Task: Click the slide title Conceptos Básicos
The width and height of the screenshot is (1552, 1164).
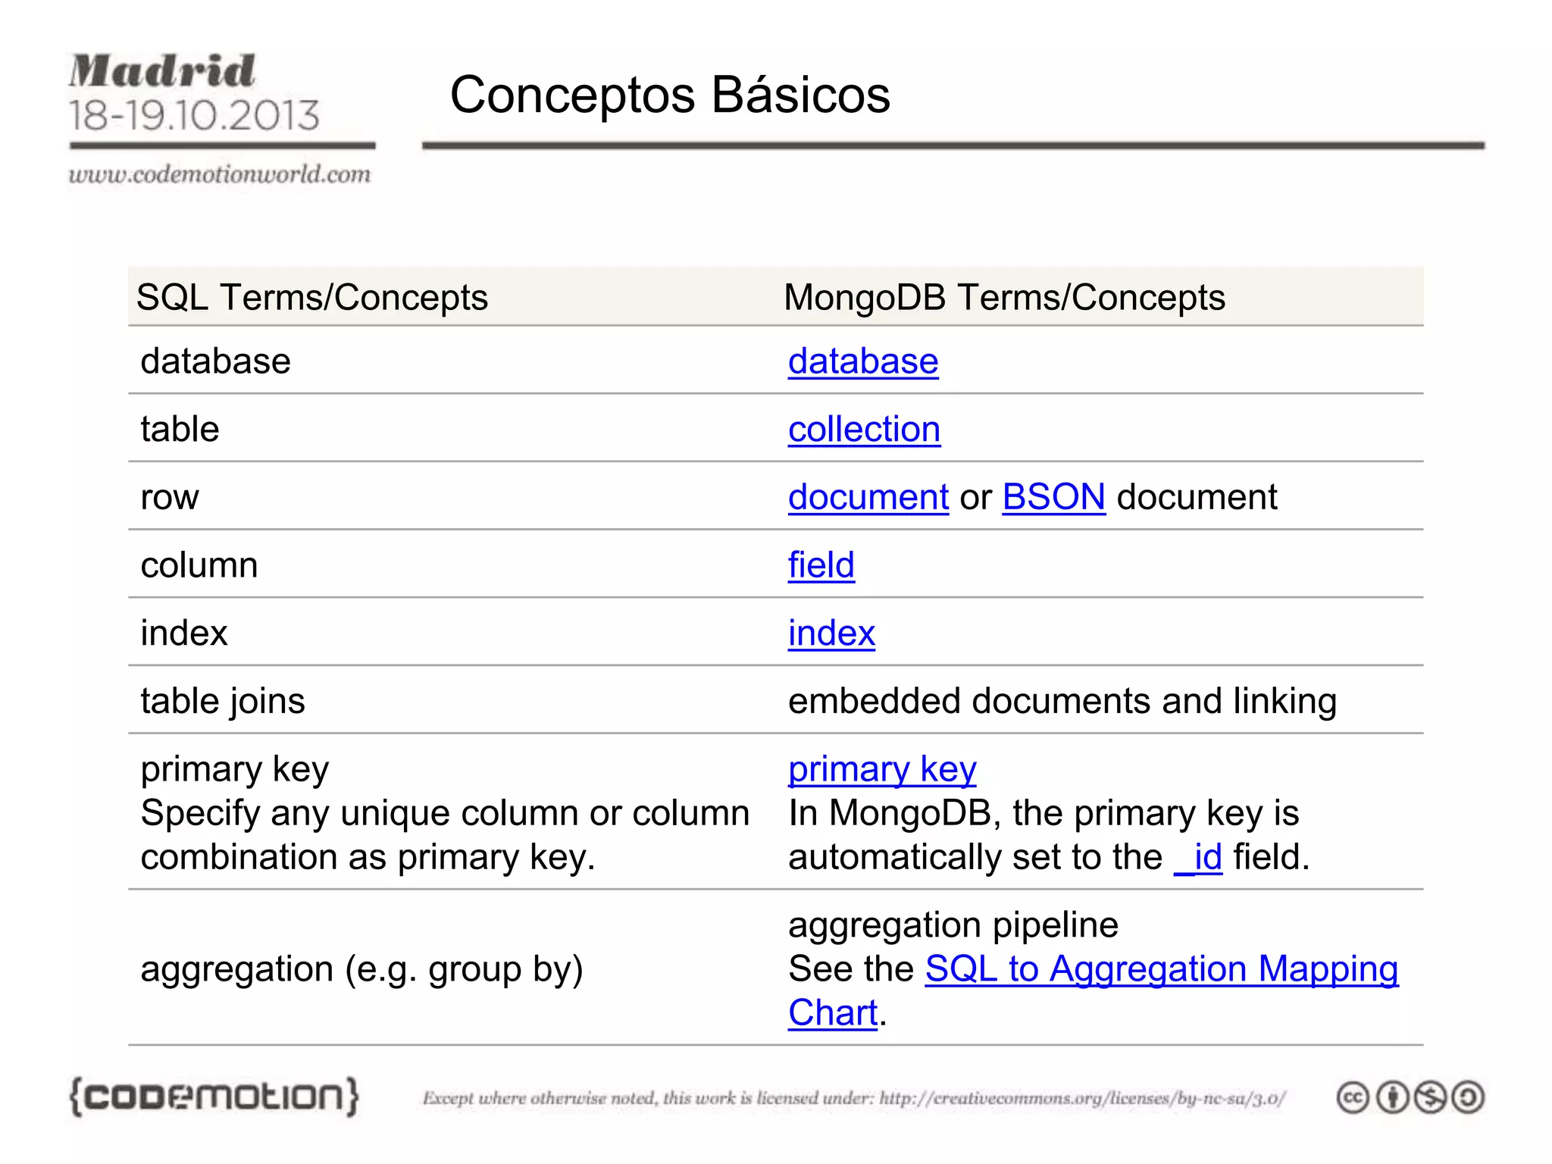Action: pyautogui.click(x=670, y=95)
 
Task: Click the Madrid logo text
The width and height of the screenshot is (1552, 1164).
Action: pyautogui.click(x=162, y=72)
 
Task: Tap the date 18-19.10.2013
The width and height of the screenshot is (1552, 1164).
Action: pyautogui.click(x=194, y=116)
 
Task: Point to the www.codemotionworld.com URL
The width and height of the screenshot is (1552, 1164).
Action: pyautogui.click(x=220, y=174)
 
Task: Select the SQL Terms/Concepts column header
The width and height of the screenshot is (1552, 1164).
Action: pyautogui.click(x=312, y=297)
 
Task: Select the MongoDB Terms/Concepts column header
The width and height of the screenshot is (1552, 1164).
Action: pyautogui.click(x=1004, y=297)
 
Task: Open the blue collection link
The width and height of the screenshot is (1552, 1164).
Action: pyautogui.click(x=864, y=430)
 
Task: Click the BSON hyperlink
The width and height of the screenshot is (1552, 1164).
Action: pyautogui.click(x=1053, y=498)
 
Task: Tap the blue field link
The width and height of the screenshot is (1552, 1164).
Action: pyautogui.click(x=821, y=565)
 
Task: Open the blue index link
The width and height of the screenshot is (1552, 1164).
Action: pyautogui.click(x=831, y=634)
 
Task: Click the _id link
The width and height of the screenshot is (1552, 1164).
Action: pyautogui.click(x=1198, y=858)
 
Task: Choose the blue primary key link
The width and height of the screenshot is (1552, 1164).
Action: pyautogui.click(x=882, y=770)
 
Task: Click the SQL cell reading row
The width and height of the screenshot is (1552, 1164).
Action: pyautogui.click(x=170, y=498)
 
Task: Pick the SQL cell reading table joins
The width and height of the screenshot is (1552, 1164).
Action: pyautogui.click(x=223, y=701)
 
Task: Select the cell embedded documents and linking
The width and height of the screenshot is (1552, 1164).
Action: pyautogui.click(x=1062, y=701)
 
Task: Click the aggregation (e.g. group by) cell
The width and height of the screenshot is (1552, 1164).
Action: pyautogui.click(x=362, y=969)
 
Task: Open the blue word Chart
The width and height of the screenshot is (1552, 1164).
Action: pyautogui.click(x=832, y=1013)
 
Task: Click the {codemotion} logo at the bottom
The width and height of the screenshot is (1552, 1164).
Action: pyautogui.click(x=214, y=1097)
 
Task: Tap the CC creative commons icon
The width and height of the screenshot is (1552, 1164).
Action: pyautogui.click(x=1353, y=1097)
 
